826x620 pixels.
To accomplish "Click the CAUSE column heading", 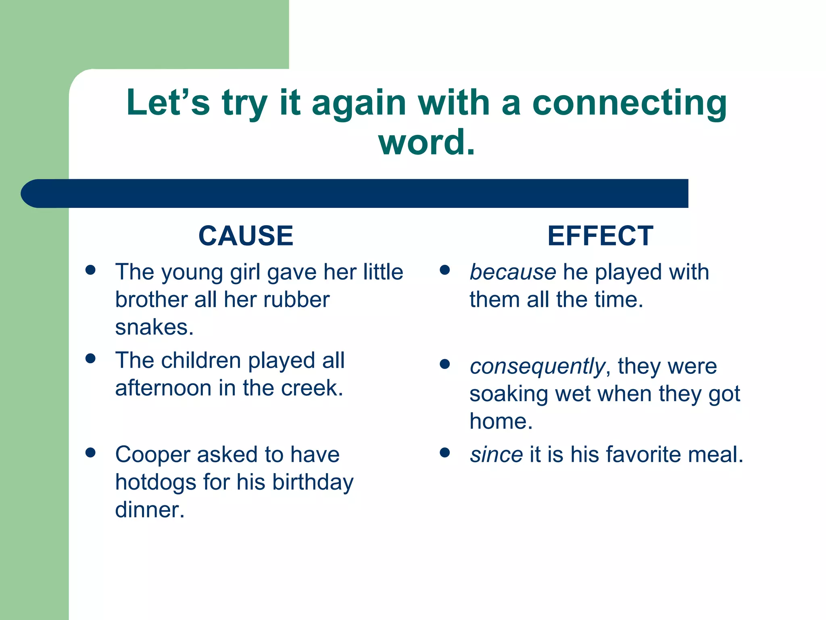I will pos(246,236).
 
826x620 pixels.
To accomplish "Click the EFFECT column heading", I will pos(600,236).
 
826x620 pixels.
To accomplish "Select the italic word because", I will pos(513,272).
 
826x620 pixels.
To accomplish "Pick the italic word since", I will pos(496,455).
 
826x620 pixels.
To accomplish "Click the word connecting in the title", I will pos(630,103).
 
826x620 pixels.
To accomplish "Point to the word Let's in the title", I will pos(168,103).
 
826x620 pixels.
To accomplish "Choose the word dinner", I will pos(149,510).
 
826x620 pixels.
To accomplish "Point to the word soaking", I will pos(509,394).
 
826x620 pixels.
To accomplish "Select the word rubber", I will pos(296,300).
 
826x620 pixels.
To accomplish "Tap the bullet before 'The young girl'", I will pos(90,270).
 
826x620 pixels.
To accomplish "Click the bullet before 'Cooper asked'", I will pos(90,452).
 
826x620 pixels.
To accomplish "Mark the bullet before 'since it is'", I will pos(444,452).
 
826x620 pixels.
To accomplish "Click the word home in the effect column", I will pos(501,421).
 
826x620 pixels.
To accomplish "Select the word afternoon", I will pos(163,388).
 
